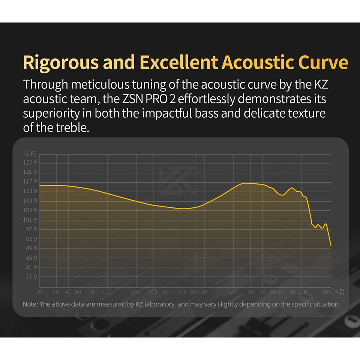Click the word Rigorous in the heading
tap(61, 63)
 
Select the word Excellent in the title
tap(179, 62)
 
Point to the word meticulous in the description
tap(100, 84)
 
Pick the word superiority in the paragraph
tap(51, 114)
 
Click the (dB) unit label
tap(31, 154)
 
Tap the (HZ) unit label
tap(338, 292)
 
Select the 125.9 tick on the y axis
tap(30, 162)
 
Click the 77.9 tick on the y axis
tap(31, 277)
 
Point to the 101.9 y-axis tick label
tap(30, 220)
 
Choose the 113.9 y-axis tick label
tap(30, 191)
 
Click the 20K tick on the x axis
tap(327, 292)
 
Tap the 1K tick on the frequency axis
tap(204, 292)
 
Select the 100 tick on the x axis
tap(107, 292)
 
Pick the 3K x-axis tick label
tap(251, 292)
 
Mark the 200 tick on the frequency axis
tap(136, 292)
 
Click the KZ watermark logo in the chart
tap(178, 181)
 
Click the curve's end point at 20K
tap(331, 246)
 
